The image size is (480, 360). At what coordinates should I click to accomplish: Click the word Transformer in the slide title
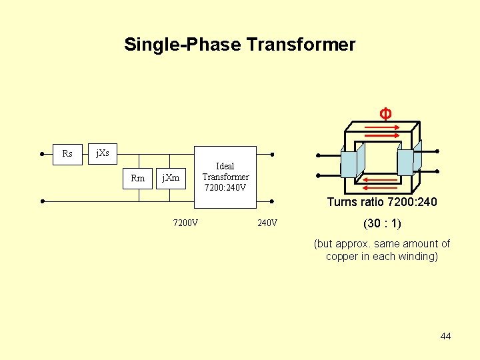coord(301,45)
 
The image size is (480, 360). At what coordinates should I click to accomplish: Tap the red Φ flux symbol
coord(385,113)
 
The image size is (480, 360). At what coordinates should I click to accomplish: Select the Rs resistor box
coord(67,153)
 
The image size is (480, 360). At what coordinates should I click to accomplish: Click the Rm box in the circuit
coord(138,178)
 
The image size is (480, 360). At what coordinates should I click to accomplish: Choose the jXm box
coord(171,178)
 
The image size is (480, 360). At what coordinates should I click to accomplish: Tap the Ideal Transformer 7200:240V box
coord(225,177)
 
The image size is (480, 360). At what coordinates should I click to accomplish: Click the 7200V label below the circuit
coord(185,223)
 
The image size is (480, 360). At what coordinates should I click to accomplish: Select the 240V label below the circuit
coord(267,223)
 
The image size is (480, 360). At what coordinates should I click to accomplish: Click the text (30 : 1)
coord(381,223)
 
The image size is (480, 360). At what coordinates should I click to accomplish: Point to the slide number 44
coord(445,336)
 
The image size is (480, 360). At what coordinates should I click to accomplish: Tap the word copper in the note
coord(341,257)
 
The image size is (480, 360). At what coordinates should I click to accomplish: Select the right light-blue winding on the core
coord(406,161)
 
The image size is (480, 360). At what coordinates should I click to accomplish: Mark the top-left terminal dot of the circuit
coord(42,153)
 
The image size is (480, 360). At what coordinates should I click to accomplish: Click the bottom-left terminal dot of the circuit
coord(42,201)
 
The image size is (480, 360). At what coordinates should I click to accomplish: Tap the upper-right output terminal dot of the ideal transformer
coord(273,153)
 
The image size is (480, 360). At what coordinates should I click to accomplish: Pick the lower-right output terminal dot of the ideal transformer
coord(273,201)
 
